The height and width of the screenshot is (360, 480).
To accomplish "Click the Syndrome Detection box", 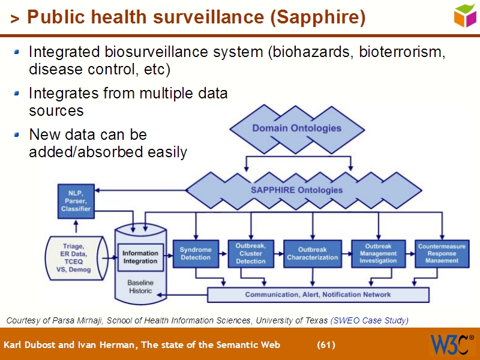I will coord(196,253).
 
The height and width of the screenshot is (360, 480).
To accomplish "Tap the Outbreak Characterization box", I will coord(312,253).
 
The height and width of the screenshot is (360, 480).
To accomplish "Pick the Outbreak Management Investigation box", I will coord(378,253).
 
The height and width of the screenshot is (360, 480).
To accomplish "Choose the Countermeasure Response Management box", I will coord(442,253).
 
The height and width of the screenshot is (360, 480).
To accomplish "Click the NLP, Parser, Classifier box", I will coord(76,201).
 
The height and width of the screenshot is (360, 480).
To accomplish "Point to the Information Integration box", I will coord(140,257).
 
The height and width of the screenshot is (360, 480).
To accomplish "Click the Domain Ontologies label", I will coord(296,128).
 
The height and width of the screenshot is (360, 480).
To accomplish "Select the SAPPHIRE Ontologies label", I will coord(296,190).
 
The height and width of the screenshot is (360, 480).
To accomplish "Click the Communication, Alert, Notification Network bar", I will coord(318,295).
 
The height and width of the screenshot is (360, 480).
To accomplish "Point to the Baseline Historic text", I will coord(140,286).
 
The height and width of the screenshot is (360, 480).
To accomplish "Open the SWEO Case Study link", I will coord(370,320).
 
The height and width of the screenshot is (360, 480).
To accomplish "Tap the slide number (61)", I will coord(326,345).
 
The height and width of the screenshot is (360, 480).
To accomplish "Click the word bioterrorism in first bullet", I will coord(401,52).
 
